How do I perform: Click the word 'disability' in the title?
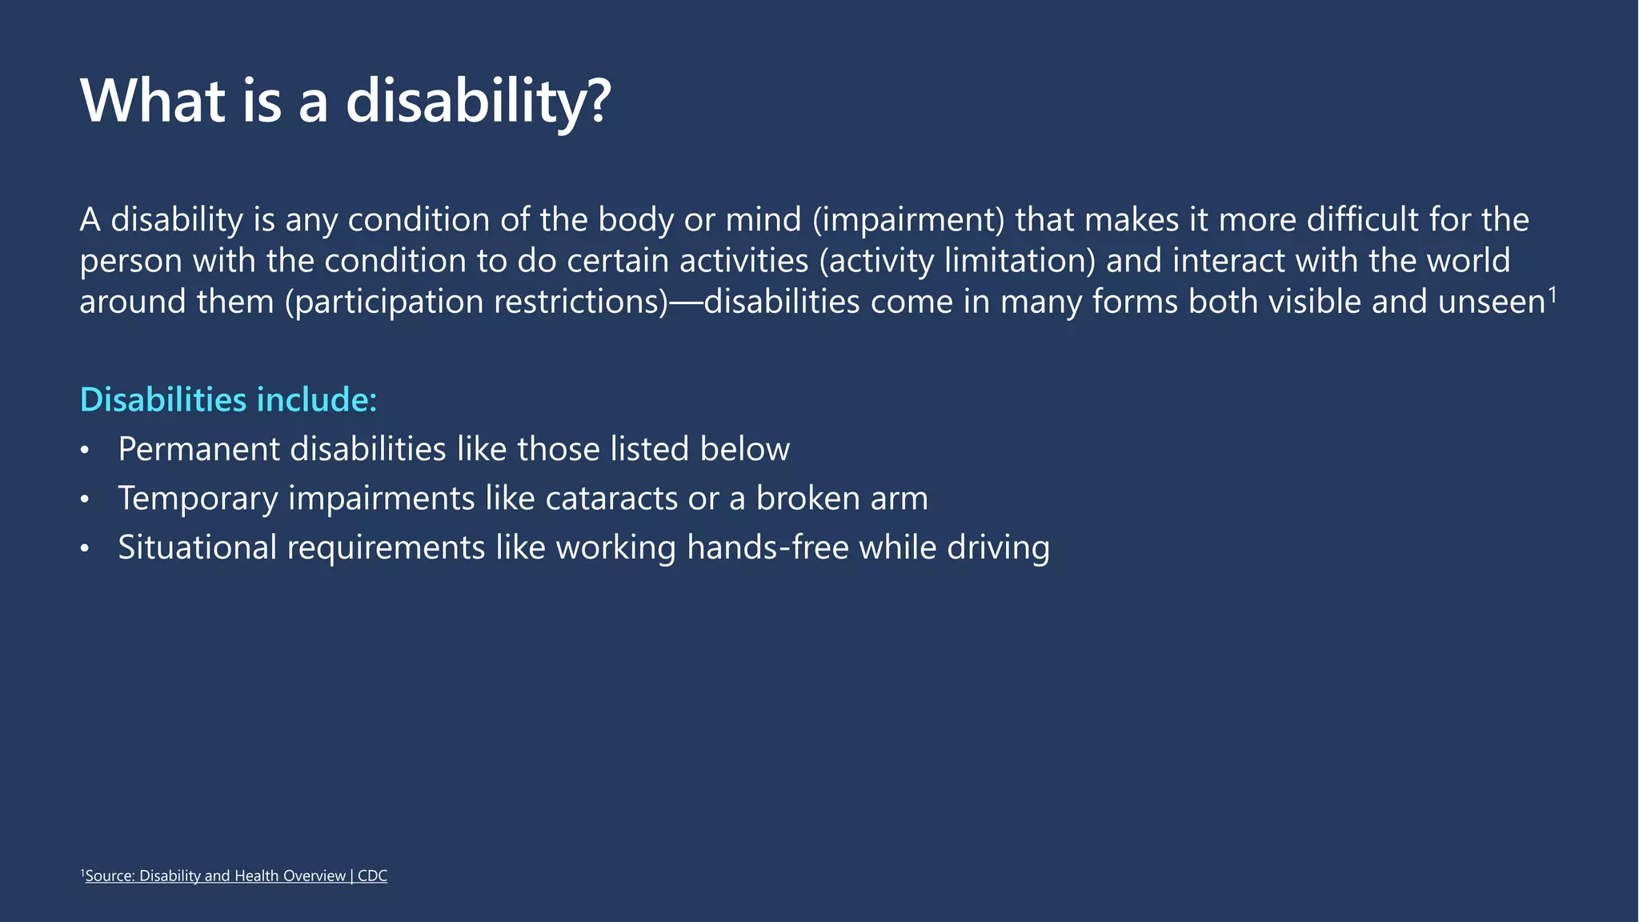click(465, 102)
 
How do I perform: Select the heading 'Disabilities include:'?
click(228, 399)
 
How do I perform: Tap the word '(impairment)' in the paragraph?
click(908, 220)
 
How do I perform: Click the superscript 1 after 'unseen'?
click(1553, 295)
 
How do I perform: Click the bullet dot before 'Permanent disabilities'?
click(85, 451)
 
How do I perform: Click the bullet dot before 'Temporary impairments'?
click(85, 500)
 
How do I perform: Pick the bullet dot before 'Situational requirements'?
click(85, 549)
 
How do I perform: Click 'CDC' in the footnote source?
click(372, 876)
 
